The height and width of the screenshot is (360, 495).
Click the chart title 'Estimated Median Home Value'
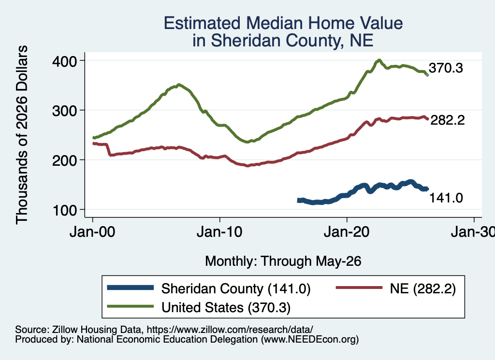coord(283,23)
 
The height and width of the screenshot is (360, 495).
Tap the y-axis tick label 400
coord(64,61)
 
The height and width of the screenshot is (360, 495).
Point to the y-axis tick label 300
coord(64,111)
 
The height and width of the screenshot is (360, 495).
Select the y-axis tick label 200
coord(64,160)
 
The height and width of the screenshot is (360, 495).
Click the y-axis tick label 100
coord(65,210)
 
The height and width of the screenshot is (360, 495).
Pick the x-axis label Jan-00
coord(92,232)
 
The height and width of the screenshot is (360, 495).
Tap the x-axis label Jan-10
coord(219,232)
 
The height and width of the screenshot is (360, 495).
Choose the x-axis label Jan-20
coord(347,232)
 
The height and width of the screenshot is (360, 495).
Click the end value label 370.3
coord(446,68)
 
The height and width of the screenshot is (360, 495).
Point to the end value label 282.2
coord(448,120)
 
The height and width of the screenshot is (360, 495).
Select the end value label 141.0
coord(446,198)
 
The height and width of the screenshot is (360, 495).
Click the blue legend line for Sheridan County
coord(131,288)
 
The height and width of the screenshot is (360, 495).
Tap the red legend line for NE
coord(359,288)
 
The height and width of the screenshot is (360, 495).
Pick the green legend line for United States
coord(131,306)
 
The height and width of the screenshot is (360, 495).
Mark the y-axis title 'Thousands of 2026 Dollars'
coord(22,135)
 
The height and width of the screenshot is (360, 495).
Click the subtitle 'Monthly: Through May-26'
coord(283,261)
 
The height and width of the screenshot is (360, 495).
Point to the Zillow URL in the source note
coord(230,330)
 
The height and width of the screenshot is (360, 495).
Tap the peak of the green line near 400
coord(379,60)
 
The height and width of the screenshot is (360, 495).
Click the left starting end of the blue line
coord(298,201)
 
